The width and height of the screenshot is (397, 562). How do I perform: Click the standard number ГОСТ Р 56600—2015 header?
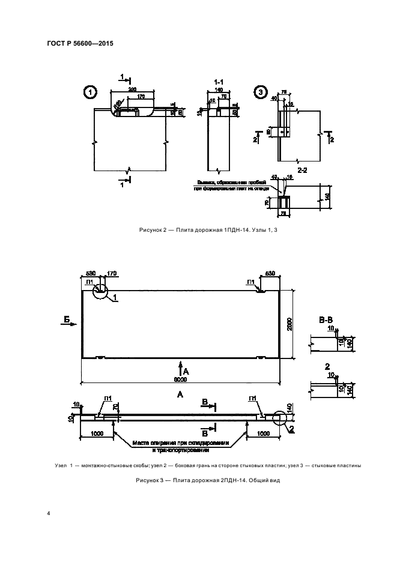[x=80, y=44]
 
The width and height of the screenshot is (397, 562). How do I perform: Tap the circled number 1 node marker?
[x=90, y=92]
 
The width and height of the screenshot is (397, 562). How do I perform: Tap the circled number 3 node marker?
[x=260, y=92]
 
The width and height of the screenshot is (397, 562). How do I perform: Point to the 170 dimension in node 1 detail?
[x=142, y=96]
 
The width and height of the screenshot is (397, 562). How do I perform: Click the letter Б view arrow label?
[x=65, y=321]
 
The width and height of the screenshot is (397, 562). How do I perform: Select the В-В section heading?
[x=324, y=322]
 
